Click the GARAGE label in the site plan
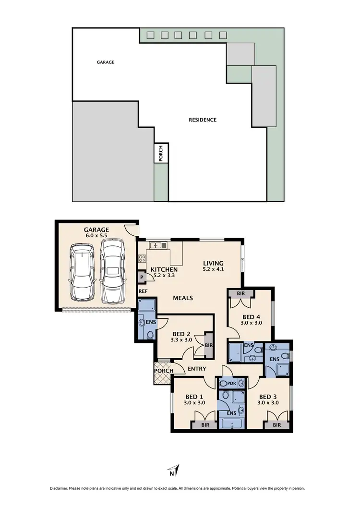click(106, 62)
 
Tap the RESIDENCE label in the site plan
click(202, 120)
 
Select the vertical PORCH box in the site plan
click(161, 153)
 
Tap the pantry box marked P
click(142, 278)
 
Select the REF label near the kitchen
click(143, 291)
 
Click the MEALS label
click(183, 298)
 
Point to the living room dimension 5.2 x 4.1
click(213, 269)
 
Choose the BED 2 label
click(181, 333)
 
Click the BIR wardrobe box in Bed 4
click(241, 294)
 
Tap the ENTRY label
click(197, 369)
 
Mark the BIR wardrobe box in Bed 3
click(276, 425)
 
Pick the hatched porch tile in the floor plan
click(163, 379)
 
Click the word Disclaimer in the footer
click(60, 488)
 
